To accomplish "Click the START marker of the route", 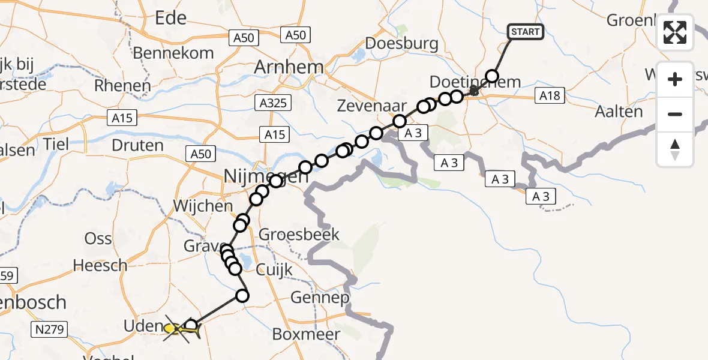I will [526, 32].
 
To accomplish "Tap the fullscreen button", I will [675, 32].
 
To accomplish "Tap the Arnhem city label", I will [289, 67].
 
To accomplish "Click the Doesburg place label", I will [401, 43].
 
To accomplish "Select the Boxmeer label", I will [307, 334].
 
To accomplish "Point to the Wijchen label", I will [202, 206].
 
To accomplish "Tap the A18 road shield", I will [549, 95].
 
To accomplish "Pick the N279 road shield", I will [52, 329].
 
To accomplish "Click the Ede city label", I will [171, 19].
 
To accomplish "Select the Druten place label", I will [137, 145].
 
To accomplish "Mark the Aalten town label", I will [619, 112].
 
